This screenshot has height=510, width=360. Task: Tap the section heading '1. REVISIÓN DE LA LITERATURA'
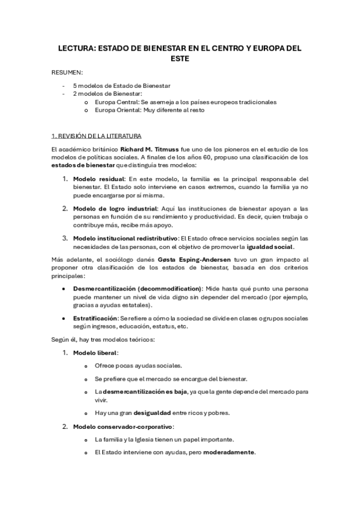click(96, 136)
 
